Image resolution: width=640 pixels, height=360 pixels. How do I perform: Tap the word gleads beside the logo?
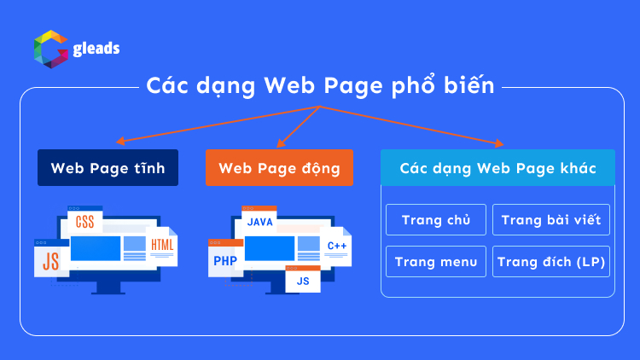click(x=95, y=49)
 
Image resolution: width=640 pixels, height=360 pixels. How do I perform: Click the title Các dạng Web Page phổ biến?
click(x=320, y=85)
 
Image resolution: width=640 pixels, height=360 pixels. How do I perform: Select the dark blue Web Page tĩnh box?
click(x=108, y=168)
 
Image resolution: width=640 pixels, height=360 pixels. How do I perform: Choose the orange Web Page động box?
click(x=279, y=168)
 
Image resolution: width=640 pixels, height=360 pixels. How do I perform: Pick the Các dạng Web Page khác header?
click(x=497, y=168)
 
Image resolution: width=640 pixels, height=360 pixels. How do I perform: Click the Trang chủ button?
click(x=435, y=219)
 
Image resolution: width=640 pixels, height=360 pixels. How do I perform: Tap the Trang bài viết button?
click(x=550, y=219)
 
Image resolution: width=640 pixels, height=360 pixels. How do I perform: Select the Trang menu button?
click(x=435, y=261)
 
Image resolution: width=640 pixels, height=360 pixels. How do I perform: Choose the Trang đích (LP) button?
click(x=550, y=261)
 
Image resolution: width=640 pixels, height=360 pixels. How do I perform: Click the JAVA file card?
click(x=259, y=222)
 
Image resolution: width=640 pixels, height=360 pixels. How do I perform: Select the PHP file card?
click(x=224, y=259)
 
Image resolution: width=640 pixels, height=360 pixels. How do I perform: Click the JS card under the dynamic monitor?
click(x=302, y=279)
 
